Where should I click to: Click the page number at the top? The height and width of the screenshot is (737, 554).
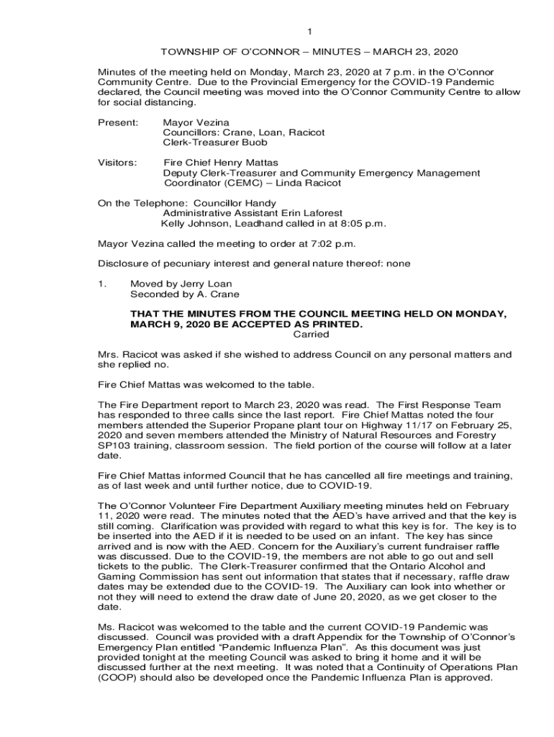pos(309,32)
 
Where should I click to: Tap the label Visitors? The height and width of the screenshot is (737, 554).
pos(117,163)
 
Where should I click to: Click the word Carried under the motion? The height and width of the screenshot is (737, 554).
pos(312,334)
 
